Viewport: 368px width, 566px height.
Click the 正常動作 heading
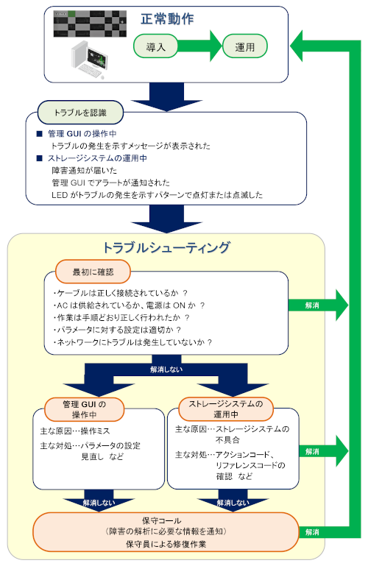pyautogui.click(x=167, y=19)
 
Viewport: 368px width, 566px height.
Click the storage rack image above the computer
pyautogui.click(x=88, y=24)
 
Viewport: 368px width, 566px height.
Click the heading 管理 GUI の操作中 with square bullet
pyautogui.click(x=82, y=134)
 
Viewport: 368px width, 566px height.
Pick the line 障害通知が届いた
pyautogui.click(x=79, y=170)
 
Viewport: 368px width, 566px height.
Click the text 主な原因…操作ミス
pyautogui.click(x=76, y=429)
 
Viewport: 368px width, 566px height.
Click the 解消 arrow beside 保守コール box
pyautogui.click(x=312, y=531)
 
